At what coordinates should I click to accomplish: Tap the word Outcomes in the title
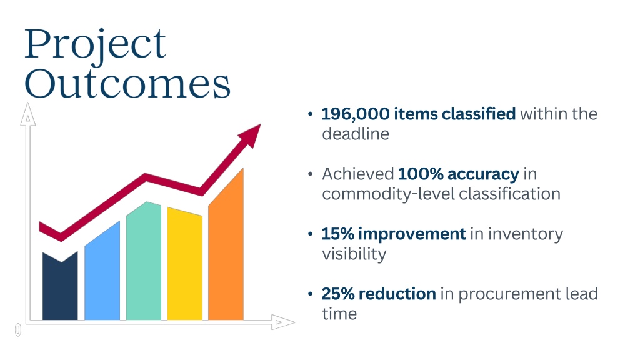click(127, 84)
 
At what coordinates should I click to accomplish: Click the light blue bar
click(102, 271)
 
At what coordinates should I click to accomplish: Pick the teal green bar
click(143, 261)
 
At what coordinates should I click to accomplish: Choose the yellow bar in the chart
click(184, 264)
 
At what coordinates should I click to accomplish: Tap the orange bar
click(226, 244)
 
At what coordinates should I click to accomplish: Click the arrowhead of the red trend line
click(251, 135)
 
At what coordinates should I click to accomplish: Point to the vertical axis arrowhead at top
click(27, 114)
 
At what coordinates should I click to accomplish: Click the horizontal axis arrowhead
click(283, 322)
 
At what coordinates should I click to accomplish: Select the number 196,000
click(356, 114)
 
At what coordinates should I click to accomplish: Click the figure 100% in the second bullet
click(421, 174)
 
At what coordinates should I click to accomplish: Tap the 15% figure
click(337, 234)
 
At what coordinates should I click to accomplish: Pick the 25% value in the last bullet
click(338, 294)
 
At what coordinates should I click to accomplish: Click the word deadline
click(356, 134)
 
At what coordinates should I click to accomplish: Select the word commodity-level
click(388, 194)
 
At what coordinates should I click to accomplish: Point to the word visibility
click(354, 254)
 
